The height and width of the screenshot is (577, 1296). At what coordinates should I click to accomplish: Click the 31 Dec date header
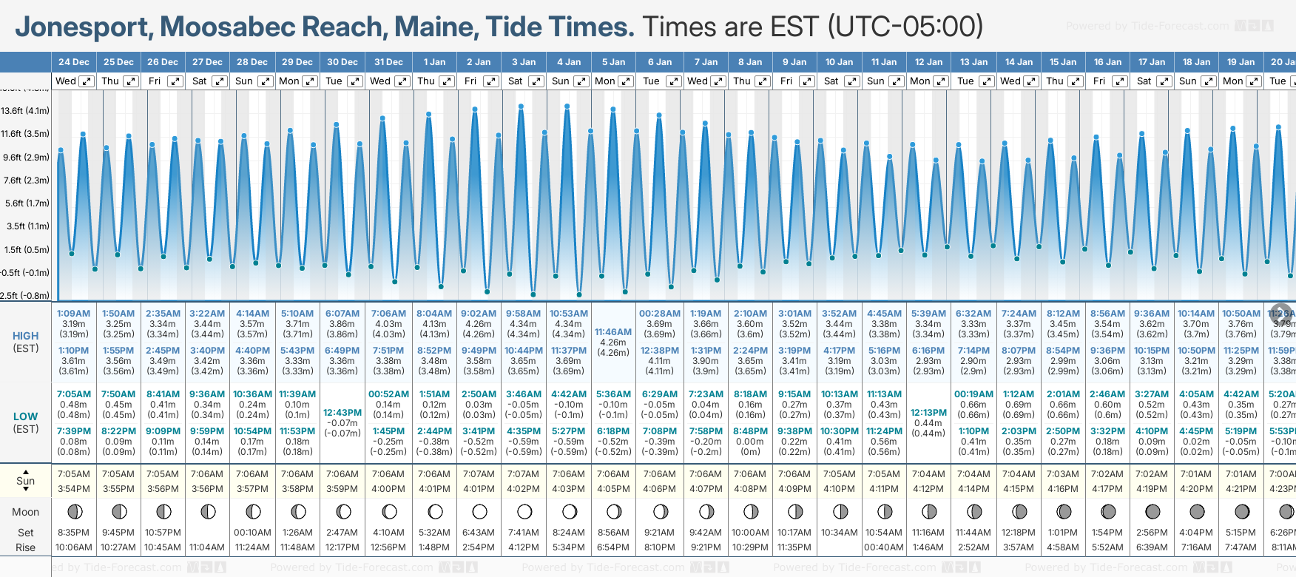[x=388, y=62]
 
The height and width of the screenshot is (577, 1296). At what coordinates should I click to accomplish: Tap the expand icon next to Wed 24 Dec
[x=87, y=81]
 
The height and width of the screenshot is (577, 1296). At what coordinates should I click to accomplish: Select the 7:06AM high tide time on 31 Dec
[x=388, y=314]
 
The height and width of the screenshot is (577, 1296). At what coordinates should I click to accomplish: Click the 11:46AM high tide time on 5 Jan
[x=613, y=332]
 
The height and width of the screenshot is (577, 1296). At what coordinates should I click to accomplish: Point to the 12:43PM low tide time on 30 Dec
[x=342, y=413]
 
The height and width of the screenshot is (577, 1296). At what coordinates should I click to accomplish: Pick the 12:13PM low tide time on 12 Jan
[x=928, y=413]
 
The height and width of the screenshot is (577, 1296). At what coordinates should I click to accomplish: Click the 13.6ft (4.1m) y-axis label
[x=25, y=111]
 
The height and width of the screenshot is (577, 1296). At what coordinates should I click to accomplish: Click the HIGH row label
[x=25, y=336]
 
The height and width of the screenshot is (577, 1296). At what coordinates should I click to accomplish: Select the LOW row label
[x=25, y=416]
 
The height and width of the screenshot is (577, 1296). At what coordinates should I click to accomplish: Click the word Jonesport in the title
[x=84, y=27]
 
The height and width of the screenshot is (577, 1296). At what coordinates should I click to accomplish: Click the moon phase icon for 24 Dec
[x=74, y=512]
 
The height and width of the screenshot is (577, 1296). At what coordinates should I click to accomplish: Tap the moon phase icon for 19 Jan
[x=1241, y=512]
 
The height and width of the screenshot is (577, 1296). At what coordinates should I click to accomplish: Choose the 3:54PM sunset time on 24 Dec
[x=74, y=489]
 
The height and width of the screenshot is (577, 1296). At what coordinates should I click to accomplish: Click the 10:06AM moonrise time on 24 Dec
[x=74, y=547]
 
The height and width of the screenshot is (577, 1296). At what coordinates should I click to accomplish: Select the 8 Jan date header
[x=750, y=62]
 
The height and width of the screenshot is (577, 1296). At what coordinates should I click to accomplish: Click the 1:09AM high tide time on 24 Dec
[x=74, y=314]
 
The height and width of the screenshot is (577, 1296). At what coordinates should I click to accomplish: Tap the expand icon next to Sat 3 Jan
[x=536, y=81]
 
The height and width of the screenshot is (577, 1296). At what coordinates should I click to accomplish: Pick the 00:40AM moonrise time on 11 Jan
[x=883, y=547]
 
